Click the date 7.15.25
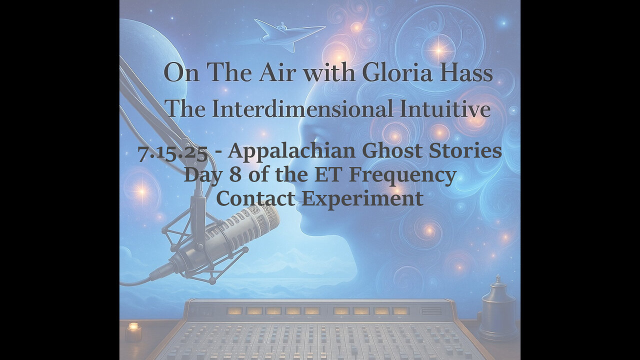tap(172, 152)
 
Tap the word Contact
tap(255, 198)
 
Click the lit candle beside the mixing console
tap(133, 330)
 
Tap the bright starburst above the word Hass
tap(439, 49)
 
